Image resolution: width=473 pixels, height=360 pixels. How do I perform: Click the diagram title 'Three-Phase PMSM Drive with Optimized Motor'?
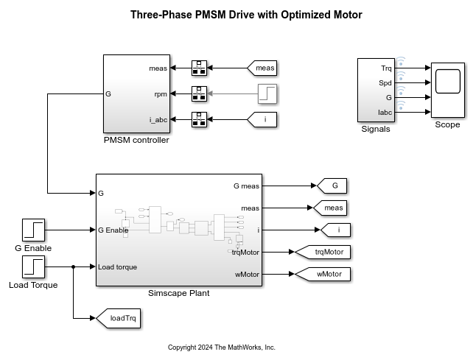click(236, 15)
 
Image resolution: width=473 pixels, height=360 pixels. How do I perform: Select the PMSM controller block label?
click(136, 140)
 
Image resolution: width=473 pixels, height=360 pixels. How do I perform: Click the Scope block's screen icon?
click(447, 82)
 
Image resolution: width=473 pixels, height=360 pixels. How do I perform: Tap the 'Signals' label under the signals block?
click(376, 129)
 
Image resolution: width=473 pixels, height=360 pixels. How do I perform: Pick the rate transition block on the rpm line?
click(200, 93)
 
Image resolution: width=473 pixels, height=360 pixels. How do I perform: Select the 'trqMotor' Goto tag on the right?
click(323, 253)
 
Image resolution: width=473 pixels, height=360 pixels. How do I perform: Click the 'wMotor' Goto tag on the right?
click(323, 275)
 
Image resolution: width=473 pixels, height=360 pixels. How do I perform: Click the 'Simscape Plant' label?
click(179, 293)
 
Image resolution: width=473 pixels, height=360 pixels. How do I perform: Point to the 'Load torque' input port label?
click(117, 267)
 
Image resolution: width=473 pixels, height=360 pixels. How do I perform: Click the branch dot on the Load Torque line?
click(74, 267)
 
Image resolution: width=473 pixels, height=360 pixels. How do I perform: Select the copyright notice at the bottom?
click(221, 347)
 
